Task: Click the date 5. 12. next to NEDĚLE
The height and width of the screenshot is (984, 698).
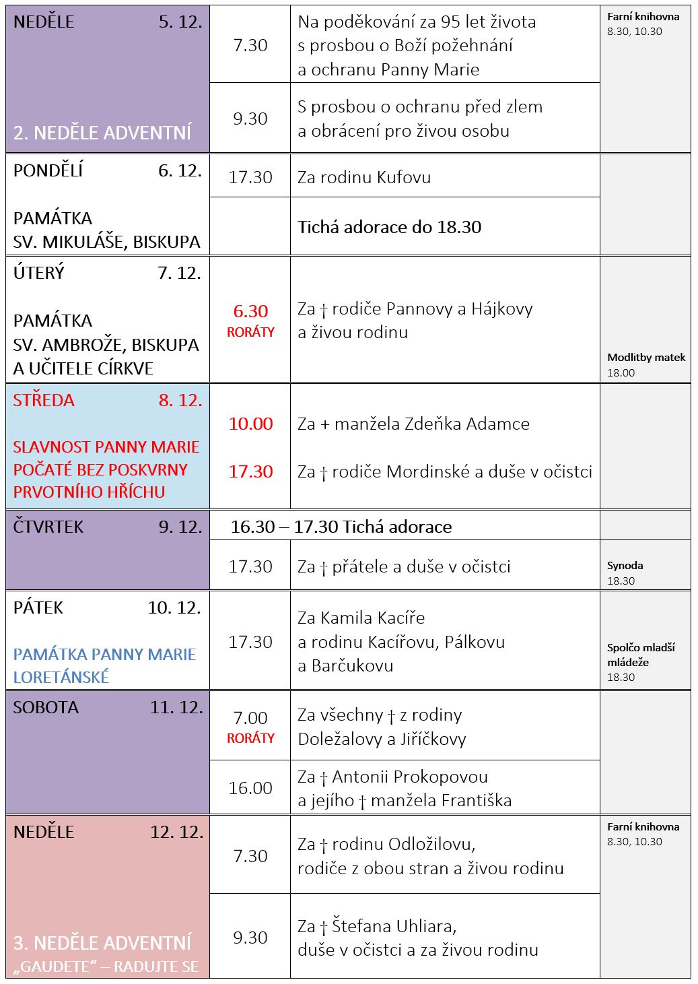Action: click(180, 22)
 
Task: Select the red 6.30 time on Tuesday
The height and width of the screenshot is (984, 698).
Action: click(250, 311)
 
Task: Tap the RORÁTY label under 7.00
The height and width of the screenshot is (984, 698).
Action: click(250, 738)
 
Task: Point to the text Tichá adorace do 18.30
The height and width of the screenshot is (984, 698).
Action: click(390, 227)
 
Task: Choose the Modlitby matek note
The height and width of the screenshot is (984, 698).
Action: click(646, 358)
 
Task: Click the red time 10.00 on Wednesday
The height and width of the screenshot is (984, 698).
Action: click(250, 424)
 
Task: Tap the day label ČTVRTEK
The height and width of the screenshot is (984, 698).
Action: click(48, 527)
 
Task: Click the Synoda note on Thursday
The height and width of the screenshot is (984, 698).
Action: click(625, 566)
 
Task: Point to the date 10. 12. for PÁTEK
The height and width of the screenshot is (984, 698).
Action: click(174, 608)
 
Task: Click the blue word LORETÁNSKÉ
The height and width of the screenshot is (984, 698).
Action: click(61, 677)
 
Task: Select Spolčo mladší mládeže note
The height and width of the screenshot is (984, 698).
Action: click(640, 655)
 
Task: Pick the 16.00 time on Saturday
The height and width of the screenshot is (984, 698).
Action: click(250, 788)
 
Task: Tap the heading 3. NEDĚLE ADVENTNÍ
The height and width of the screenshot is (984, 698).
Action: click(102, 943)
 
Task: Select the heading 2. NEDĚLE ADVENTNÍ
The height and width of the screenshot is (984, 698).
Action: click(102, 133)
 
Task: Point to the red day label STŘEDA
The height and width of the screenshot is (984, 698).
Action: click(44, 400)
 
